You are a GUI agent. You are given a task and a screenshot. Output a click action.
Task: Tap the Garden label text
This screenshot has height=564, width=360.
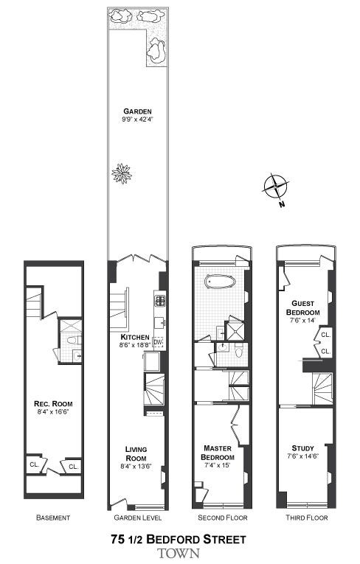point(138,112)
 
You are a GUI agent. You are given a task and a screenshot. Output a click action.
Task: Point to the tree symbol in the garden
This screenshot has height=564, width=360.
point(121,173)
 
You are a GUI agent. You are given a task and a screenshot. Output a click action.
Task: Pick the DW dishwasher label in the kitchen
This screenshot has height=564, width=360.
point(158,341)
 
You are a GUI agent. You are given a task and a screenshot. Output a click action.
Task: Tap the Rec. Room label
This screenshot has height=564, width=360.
point(52,403)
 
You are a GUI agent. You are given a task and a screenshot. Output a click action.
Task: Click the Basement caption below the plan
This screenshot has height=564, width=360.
point(53,518)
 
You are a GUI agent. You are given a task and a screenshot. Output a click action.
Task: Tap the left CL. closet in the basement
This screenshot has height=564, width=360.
point(34,465)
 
